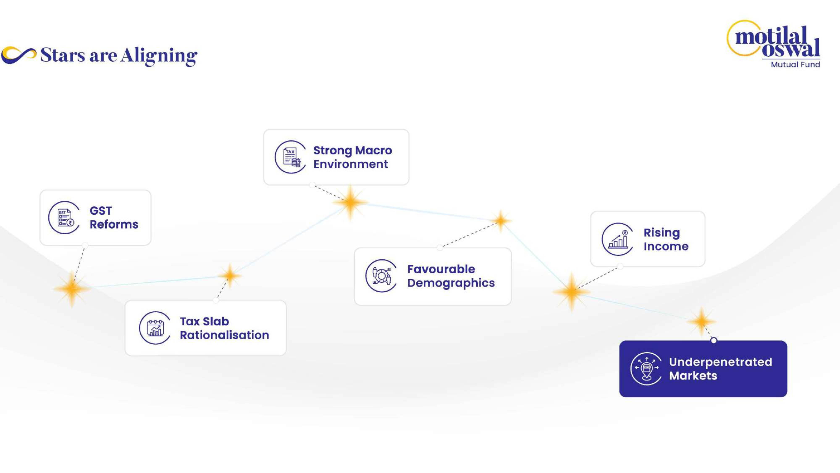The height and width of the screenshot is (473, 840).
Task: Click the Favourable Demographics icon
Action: coord(381,276)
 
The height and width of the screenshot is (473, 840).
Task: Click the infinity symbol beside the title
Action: coord(19,55)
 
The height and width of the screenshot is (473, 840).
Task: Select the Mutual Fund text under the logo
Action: coord(795,65)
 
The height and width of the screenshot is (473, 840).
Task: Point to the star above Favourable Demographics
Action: coord(501,221)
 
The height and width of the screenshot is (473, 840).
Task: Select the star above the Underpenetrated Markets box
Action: coord(701,321)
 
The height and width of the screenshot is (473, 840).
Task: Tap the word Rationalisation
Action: coord(224,335)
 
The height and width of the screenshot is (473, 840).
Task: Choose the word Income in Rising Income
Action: coord(666,246)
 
